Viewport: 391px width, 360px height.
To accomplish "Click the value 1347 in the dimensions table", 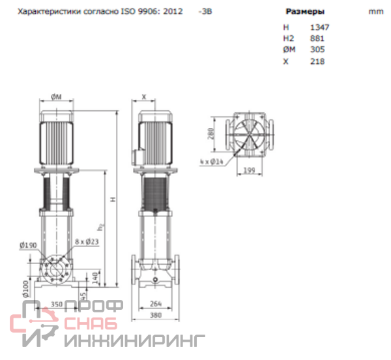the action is point(320,27).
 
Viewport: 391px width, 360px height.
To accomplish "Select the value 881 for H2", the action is point(317,38).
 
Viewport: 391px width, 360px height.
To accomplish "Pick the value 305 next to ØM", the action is point(317,50).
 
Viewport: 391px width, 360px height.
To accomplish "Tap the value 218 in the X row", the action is point(317,61).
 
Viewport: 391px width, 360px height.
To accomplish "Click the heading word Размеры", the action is point(305,12).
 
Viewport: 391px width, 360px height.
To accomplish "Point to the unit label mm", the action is point(376,12).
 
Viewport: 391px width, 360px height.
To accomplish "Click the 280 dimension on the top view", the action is point(211,134).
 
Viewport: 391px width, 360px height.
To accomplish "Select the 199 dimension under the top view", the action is point(249,171).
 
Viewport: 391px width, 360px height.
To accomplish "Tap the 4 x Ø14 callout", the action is point(211,162).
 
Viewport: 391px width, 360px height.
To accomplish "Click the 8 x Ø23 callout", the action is point(87,241).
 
